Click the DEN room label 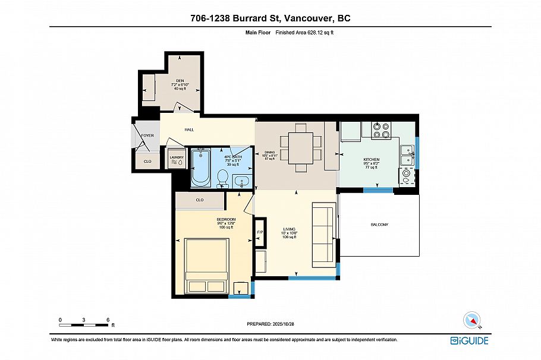pyautogui.click(x=180, y=80)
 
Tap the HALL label pyautogui.click(x=189, y=130)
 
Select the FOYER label pyautogui.click(x=147, y=135)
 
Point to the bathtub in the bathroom pyautogui.click(x=200, y=168)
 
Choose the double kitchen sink pyautogui.click(x=407, y=155)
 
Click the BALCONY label pyautogui.click(x=379, y=225)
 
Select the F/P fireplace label pyautogui.click(x=260, y=232)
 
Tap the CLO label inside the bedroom pyautogui.click(x=200, y=200)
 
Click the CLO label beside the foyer pyautogui.click(x=147, y=161)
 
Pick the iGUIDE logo pyautogui.click(x=469, y=340)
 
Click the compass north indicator pyautogui.click(x=474, y=320)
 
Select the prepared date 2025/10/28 pyautogui.click(x=270, y=324)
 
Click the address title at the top pyautogui.click(x=270, y=18)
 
